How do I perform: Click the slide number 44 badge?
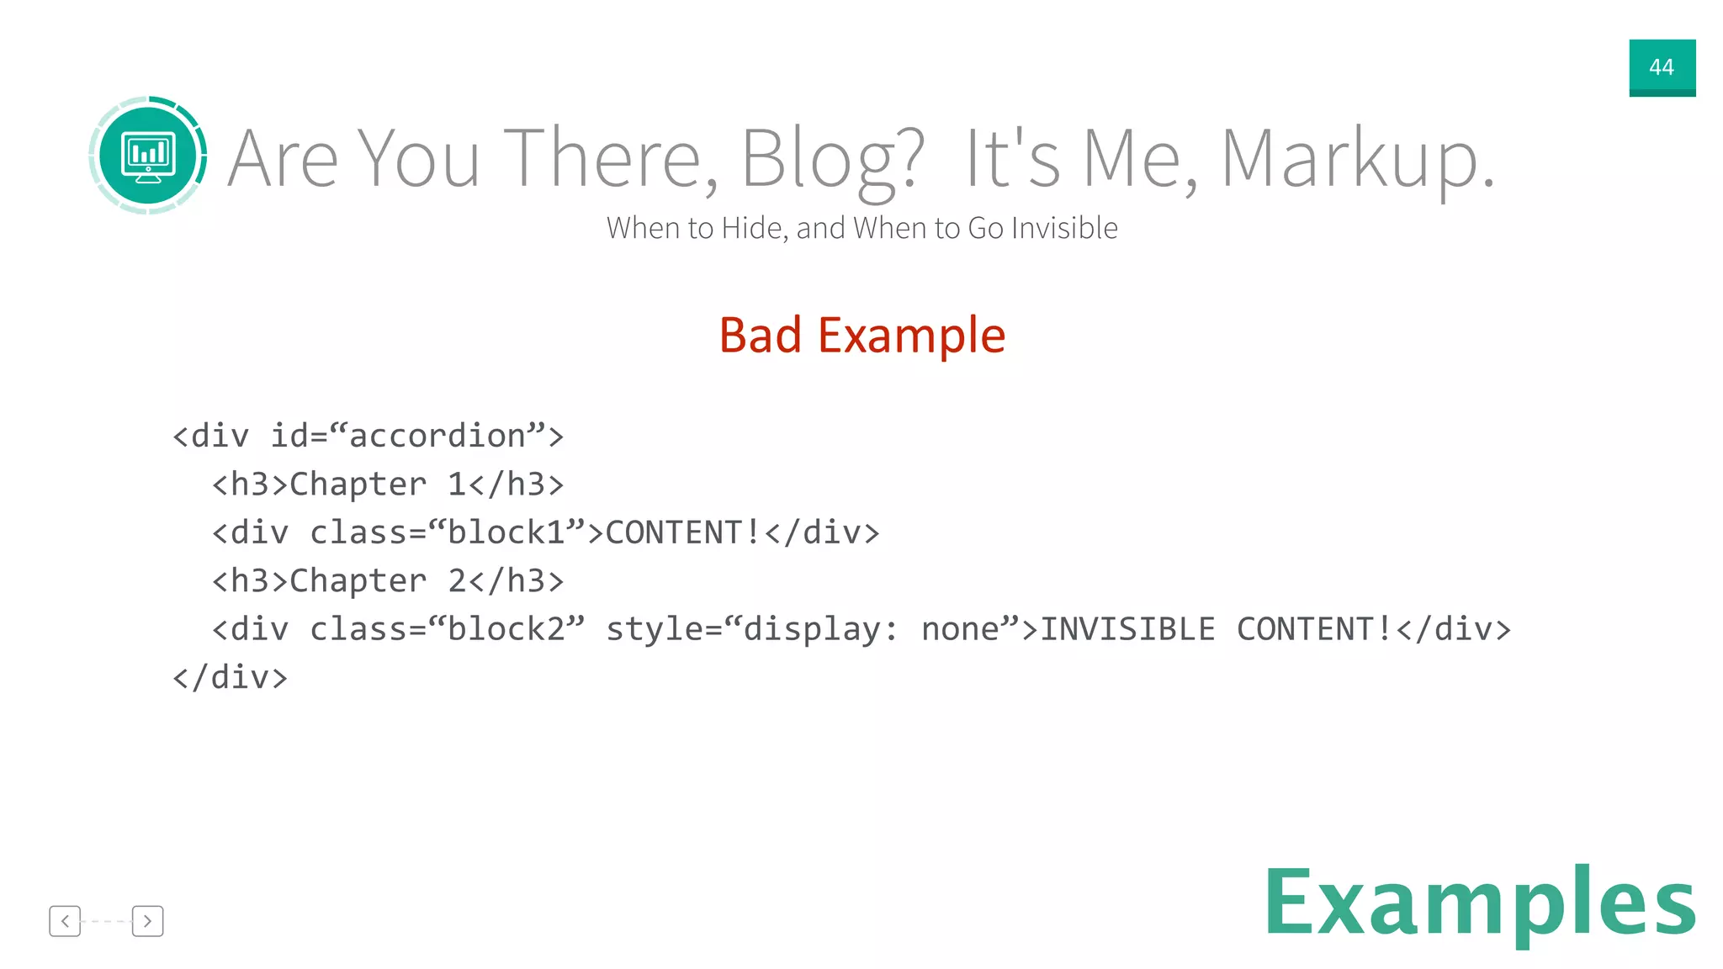click(x=1662, y=67)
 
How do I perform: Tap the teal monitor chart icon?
click(x=148, y=156)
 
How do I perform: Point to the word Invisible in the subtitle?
click(x=1064, y=228)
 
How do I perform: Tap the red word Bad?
click(x=761, y=335)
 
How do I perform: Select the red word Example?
click(x=911, y=336)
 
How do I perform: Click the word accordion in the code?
click(x=437, y=436)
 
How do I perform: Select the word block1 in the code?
click(x=506, y=532)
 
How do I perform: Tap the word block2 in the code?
click(x=506, y=629)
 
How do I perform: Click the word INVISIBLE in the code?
click(x=1127, y=629)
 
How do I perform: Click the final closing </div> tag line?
click(x=230, y=677)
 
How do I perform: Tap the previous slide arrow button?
click(x=65, y=921)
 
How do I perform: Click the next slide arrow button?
click(x=147, y=921)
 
